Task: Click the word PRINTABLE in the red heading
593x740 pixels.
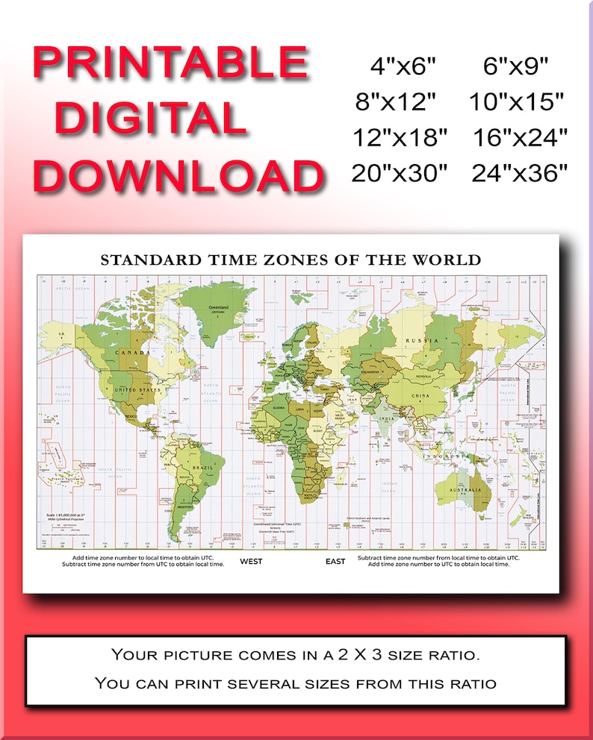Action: (x=170, y=64)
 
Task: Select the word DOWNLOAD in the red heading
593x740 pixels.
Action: (x=178, y=176)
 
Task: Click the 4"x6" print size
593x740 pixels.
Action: (x=402, y=66)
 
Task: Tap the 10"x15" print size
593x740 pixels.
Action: (x=518, y=101)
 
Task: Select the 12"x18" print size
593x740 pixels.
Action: (x=400, y=137)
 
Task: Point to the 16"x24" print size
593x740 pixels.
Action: (x=521, y=137)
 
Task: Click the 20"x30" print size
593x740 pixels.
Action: (x=400, y=174)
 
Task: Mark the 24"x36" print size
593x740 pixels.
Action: (x=521, y=174)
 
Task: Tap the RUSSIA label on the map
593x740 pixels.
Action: (x=417, y=340)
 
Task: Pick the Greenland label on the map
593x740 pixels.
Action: (x=220, y=307)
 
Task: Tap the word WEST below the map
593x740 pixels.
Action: (x=251, y=561)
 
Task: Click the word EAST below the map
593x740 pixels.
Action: (x=335, y=561)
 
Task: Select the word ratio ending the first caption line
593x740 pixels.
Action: (x=456, y=656)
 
